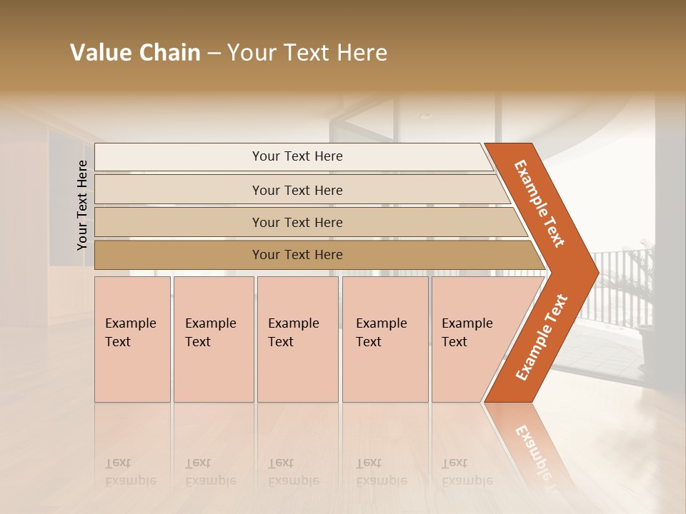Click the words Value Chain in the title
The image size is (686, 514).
135,53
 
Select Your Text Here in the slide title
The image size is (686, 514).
307,53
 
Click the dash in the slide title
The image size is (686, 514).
214,54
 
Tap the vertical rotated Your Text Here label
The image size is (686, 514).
82,205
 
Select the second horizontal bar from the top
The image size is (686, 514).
297,190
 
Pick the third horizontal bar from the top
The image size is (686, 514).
297,222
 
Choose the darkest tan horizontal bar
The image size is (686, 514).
297,255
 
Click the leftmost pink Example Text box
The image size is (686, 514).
132,338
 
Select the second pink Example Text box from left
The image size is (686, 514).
213,338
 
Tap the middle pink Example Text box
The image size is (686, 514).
297,338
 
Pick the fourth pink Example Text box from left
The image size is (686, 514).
384,338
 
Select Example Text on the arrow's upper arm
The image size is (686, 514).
539,203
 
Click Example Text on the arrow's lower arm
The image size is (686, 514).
541,337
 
